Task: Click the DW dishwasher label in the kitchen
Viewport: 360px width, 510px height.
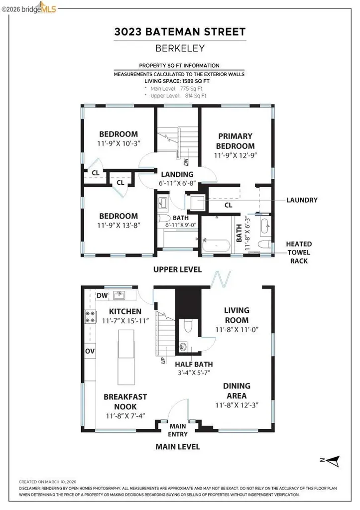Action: tap(102, 296)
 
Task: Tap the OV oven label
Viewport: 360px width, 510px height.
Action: tap(90, 351)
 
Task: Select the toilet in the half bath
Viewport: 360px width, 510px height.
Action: tap(187, 325)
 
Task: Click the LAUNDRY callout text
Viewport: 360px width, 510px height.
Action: tap(301, 200)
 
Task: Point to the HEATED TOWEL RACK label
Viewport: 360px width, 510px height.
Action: tap(299, 252)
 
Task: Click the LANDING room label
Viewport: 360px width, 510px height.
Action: tap(177, 174)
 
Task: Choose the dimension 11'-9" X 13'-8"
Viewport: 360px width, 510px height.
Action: tap(118, 225)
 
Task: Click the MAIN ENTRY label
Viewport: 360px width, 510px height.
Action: tap(178, 429)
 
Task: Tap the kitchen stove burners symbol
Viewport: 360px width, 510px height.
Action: tap(91, 316)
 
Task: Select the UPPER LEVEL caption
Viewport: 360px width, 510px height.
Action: tap(177, 269)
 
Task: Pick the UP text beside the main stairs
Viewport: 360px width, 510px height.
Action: tap(163, 359)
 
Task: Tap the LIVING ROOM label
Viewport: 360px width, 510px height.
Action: tap(236, 314)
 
